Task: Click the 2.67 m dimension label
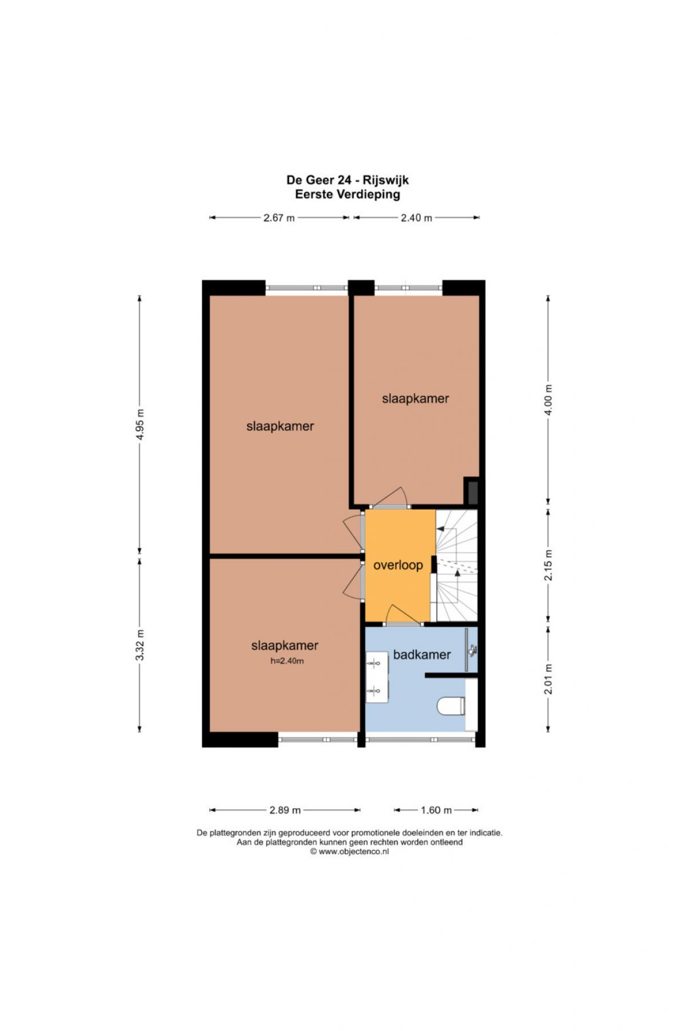tap(279, 218)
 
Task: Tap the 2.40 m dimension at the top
tap(416, 218)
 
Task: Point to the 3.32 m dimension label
tap(140, 644)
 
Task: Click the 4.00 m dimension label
tap(548, 400)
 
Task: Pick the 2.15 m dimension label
tap(548, 565)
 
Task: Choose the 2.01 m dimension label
tap(548, 679)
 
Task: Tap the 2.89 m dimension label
tap(285, 810)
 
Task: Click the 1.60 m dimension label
tap(436, 810)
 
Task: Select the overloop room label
tap(398, 565)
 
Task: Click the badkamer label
tap(422, 655)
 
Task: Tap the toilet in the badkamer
tap(451, 706)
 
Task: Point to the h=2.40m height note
tap(287, 661)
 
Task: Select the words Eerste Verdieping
tap(348, 194)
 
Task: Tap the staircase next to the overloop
tap(456, 565)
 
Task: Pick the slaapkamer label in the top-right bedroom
tap(416, 399)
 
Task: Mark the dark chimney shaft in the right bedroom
tap(472, 491)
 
